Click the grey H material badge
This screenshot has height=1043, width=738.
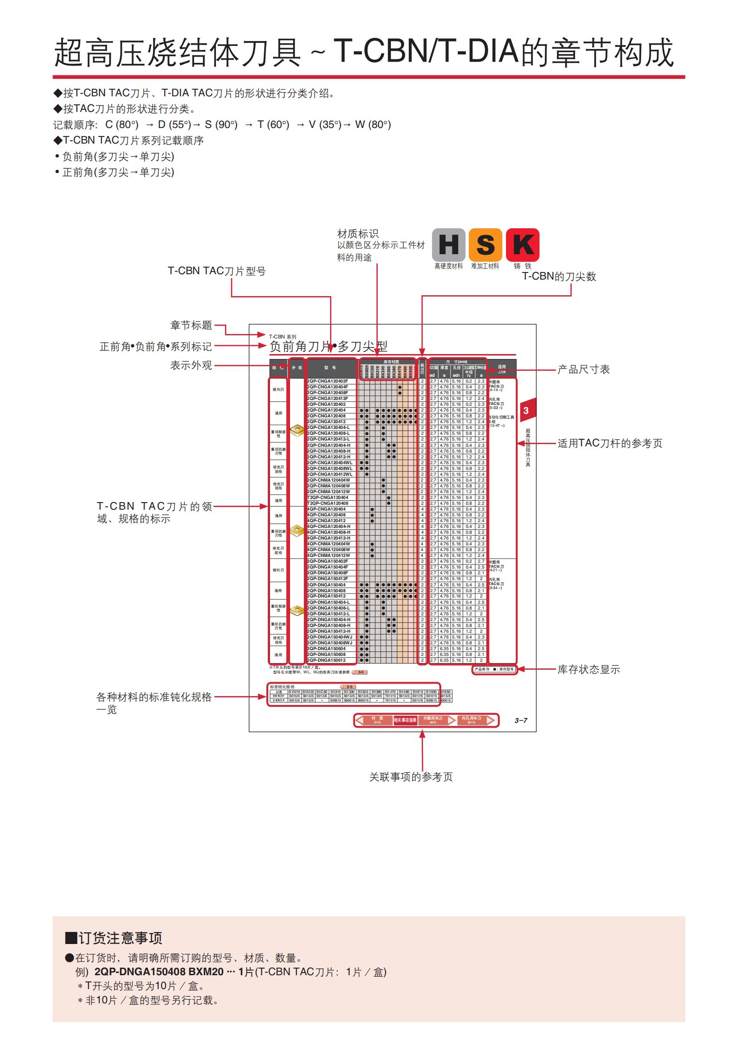tap(448, 244)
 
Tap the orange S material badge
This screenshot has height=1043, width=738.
tap(485, 244)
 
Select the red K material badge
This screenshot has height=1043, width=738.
tap(522, 244)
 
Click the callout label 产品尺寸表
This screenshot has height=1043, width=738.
tap(584, 369)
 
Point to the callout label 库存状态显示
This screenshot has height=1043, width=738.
tap(589, 669)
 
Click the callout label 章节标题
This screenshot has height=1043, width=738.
tap(191, 325)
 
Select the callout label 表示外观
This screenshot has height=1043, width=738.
tap(191, 365)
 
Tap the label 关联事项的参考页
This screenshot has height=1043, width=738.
tap(411, 777)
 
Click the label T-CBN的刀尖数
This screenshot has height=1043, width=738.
tap(559, 276)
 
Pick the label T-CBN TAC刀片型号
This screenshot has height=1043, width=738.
tap(217, 271)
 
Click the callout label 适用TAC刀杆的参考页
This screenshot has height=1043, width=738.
tap(610, 443)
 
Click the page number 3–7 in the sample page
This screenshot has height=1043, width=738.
tap(521, 721)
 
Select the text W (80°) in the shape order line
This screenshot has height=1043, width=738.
tap(373, 124)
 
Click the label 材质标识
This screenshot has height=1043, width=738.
tap(358, 234)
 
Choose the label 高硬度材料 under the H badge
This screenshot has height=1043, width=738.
tap(448, 266)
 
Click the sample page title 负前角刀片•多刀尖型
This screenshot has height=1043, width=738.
tap(328, 346)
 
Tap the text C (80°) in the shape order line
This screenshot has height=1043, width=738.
tap(122, 124)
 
